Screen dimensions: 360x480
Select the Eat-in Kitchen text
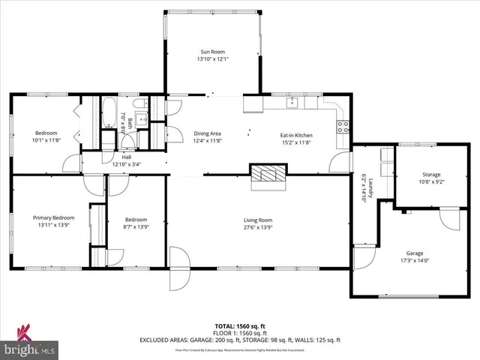[x=296, y=135]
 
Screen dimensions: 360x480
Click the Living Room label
[x=258, y=220]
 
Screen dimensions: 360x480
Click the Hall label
[x=126, y=157]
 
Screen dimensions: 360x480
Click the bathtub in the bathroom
[x=109, y=120]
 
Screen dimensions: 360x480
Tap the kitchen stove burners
[x=342, y=126]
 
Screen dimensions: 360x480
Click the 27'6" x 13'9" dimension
[x=258, y=227]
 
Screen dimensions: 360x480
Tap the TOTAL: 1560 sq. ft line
[x=239, y=326]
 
